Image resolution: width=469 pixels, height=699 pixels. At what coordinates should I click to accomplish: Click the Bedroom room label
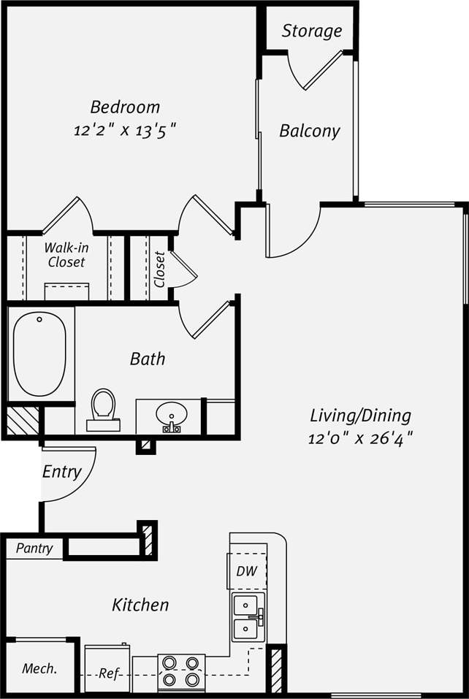(x=125, y=107)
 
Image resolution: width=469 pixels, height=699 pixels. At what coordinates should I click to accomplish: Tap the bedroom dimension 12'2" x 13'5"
(x=125, y=131)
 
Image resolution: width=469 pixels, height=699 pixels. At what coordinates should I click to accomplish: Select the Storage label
(x=312, y=31)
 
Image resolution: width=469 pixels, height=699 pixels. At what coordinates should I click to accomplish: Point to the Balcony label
(x=310, y=131)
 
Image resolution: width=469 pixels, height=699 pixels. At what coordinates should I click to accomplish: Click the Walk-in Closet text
(x=66, y=255)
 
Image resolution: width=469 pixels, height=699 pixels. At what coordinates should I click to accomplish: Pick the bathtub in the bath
(x=39, y=353)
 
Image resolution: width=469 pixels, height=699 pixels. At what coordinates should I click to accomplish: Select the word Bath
(x=148, y=359)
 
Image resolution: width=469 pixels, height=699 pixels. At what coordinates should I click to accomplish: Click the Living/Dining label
(x=361, y=416)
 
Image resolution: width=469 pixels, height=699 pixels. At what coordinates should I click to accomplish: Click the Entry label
(x=61, y=472)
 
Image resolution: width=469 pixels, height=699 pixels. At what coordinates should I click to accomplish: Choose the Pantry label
(x=34, y=549)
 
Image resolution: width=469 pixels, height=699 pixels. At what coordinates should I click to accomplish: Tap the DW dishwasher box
(x=247, y=571)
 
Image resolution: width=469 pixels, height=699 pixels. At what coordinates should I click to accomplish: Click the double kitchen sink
(x=248, y=617)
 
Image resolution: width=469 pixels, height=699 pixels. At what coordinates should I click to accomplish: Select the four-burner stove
(x=181, y=672)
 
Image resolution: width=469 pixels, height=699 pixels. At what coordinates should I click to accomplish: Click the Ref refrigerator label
(x=107, y=673)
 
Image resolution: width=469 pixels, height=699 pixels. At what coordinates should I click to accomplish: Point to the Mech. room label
(x=39, y=668)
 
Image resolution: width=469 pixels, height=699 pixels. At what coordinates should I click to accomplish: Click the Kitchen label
(x=140, y=605)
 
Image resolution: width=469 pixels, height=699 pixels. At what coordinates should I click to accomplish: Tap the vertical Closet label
(x=160, y=270)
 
